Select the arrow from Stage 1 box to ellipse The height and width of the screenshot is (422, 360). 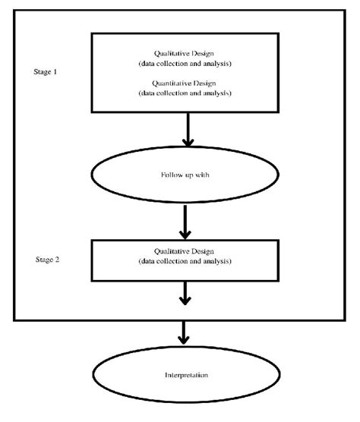[x=187, y=129]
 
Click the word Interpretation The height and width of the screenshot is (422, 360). [x=187, y=376]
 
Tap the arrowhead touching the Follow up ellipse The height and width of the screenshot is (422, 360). [x=187, y=142]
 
